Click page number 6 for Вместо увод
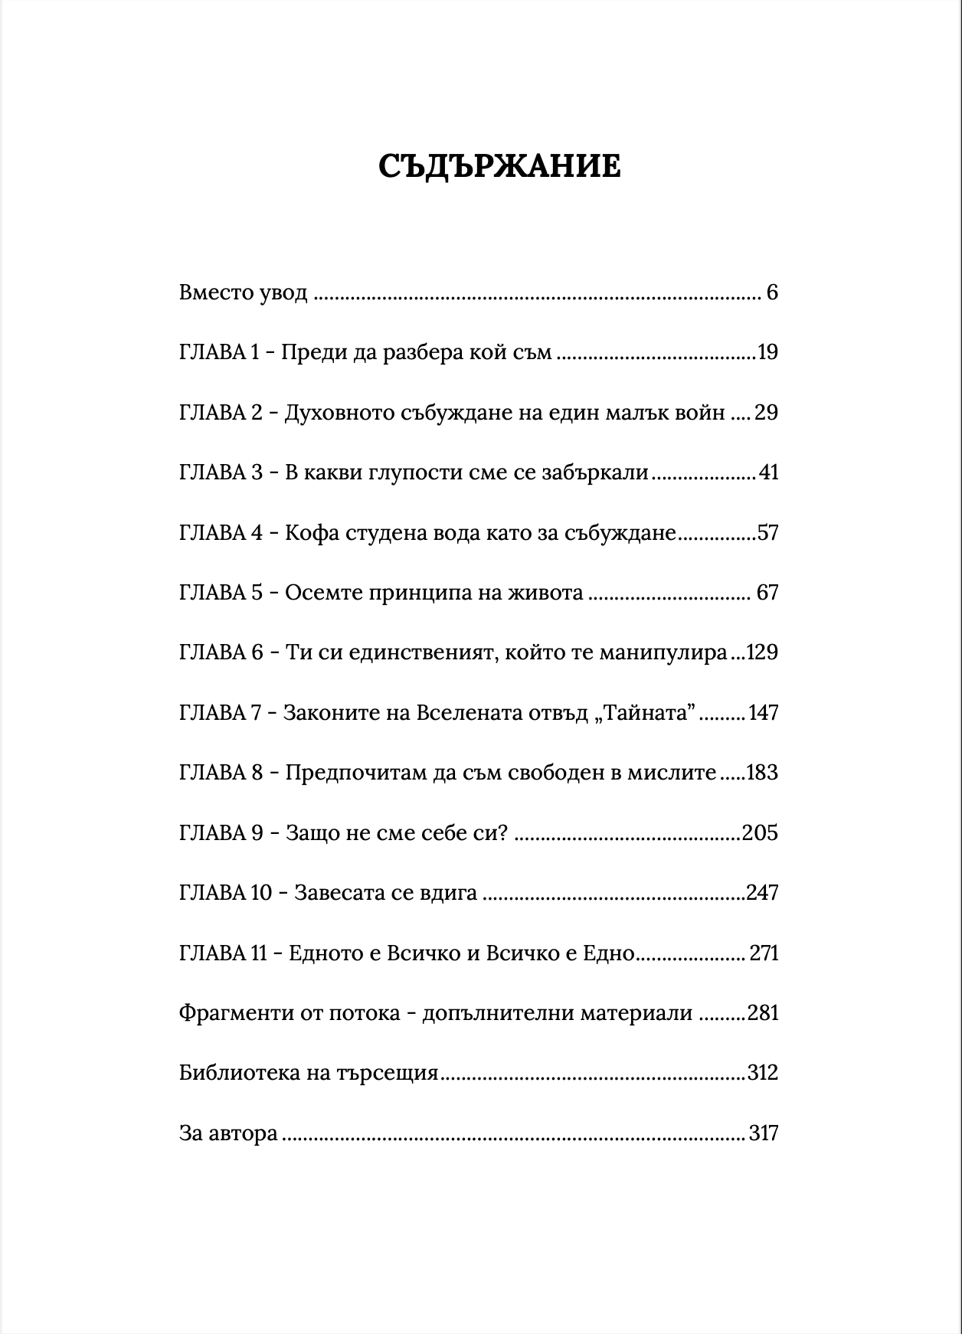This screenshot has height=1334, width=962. coord(771,293)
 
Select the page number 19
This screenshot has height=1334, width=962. coord(767,352)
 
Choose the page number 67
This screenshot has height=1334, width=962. coord(767,593)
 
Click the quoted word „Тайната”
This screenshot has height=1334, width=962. coord(643,712)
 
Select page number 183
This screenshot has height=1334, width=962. coord(761,772)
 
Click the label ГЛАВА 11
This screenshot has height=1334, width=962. coord(223,953)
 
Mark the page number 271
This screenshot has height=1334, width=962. coord(764,953)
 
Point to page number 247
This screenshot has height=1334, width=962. coord(762,893)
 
